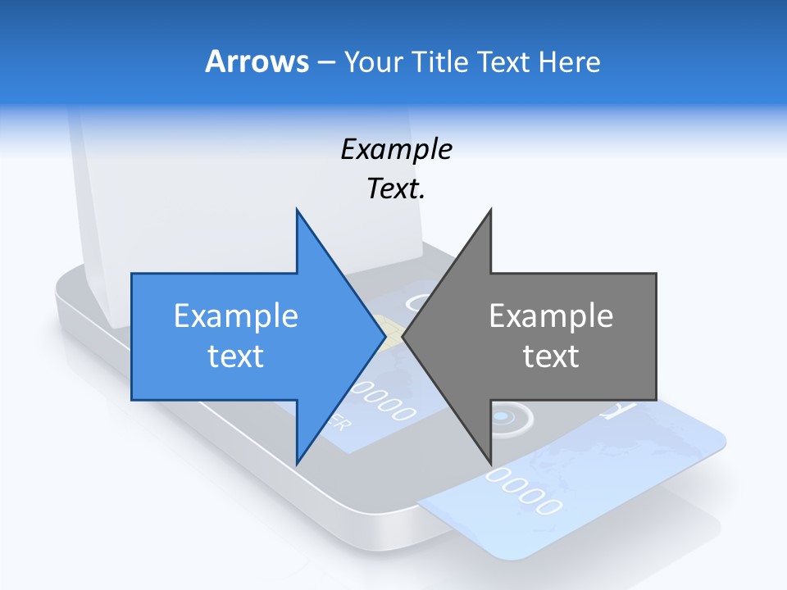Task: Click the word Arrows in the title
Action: pos(256,61)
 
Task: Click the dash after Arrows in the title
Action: pos(325,62)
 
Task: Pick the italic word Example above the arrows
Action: pos(396,149)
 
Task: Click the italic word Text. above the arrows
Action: pos(396,188)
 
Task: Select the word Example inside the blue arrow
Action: pos(235,315)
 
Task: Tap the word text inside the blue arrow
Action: pos(235,356)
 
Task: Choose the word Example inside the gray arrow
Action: pos(551,315)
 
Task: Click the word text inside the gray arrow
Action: pos(551,356)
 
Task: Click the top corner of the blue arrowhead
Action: pos(297,210)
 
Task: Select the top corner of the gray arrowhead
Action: pos(490,210)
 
